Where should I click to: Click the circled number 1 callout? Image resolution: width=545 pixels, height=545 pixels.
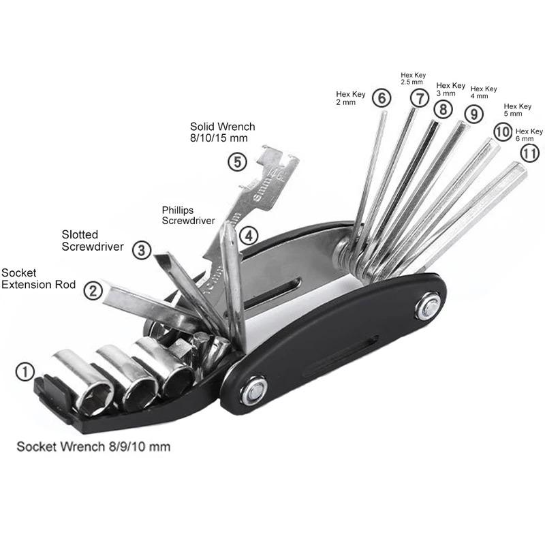(x=25, y=372)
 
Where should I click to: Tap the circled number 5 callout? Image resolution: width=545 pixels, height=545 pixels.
(x=236, y=162)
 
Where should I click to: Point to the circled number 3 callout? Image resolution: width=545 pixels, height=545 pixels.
(x=141, y=250)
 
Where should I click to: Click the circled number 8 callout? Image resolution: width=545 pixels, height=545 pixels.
(x=443, y=108)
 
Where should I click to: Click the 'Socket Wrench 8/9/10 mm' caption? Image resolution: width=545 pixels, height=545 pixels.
(x=93, y=447)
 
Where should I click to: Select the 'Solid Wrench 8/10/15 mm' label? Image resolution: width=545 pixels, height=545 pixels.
(x=223, y=132)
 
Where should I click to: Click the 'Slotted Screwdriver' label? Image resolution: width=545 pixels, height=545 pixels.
(x=89, y=241)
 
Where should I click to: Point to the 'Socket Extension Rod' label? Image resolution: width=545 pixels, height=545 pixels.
(x=39, y=279)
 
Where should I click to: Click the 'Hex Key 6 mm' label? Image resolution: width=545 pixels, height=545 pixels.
(x=529, y=134)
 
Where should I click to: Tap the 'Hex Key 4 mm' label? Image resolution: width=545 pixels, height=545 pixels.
(x=484, y=93)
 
